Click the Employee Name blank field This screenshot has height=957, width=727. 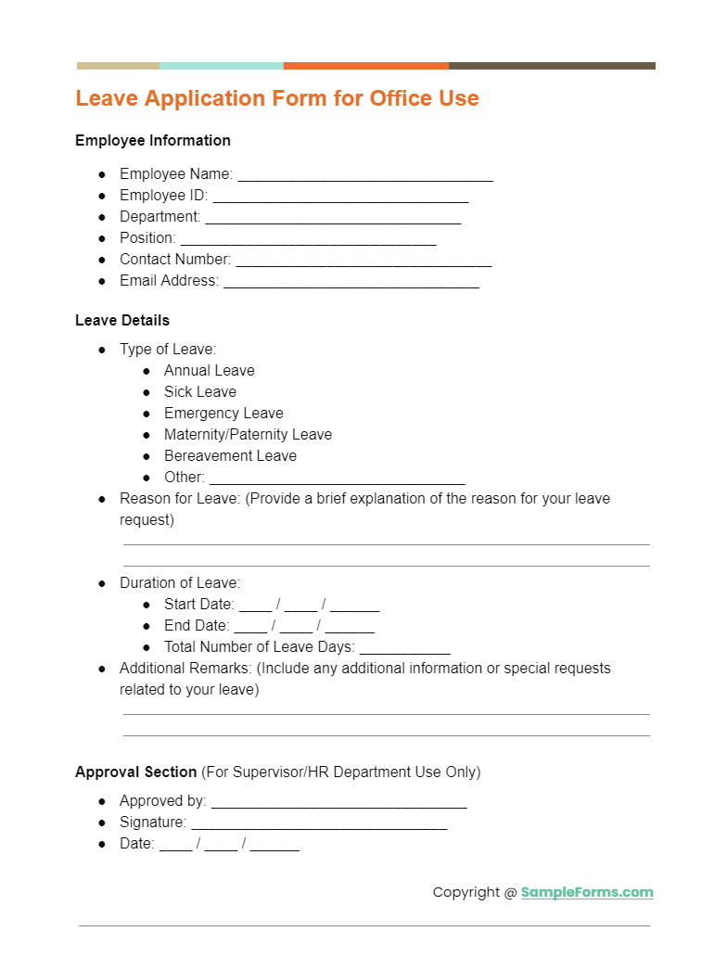click(x=365, y=176)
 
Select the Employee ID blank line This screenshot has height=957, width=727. click(x=340, y=198)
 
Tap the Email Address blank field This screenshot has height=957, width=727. click(x=351, y=283)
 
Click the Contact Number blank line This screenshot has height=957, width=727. click(x=363, y=262)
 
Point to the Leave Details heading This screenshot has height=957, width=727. click(x=122, y=321)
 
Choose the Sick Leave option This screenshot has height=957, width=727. click(x=200, y=392)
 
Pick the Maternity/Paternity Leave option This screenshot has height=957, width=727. click(x=248, y=435)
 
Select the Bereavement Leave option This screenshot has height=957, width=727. click(x=230, y=456)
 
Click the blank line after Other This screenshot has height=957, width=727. click(x=337, y=479)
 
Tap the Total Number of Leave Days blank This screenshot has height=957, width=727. click(x=404, y=649)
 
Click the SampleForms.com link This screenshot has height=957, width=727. click(x=587, y=892)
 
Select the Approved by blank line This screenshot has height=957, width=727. click(x=338, y=803)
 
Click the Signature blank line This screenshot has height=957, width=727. click(x=319, y=824)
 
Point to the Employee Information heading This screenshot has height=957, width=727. click(x=153, y=141)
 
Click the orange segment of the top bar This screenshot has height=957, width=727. click(x=365, y=66)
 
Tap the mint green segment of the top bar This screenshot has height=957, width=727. click(x=221, y=66)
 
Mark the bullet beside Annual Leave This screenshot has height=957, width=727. click(x=147, y=371)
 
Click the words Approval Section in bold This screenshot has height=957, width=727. click(x=136, y=772)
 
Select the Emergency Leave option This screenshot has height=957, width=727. click(x=223, y=414)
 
